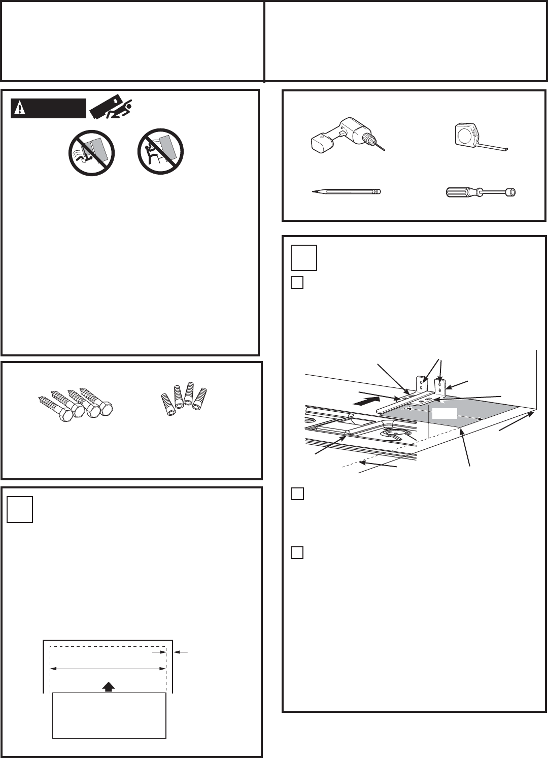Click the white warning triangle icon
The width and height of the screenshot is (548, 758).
pos(20,108)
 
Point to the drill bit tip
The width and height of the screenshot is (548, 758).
pos(383,148)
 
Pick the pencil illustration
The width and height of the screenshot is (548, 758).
pos(346,192)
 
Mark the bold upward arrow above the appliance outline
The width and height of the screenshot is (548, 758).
pos(108,686)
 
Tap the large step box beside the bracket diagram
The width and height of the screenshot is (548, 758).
pos(304,257)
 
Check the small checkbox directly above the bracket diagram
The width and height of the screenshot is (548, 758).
pos(297,282)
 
